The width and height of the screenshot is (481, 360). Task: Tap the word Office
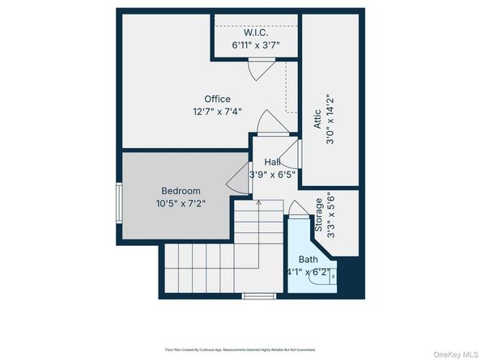tap(217, 100)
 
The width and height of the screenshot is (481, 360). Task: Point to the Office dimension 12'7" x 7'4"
tap(217, 112)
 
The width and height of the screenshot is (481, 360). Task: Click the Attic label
tap(318, 119)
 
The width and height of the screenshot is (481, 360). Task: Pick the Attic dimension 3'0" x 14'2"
tap(330, 119)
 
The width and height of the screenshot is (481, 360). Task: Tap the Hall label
tap(272, 163)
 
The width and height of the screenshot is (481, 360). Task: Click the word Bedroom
tap(179, 191)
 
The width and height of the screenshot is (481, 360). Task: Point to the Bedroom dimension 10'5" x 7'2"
tap(179, 203)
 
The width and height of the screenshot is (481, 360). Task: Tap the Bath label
tap(309, 260)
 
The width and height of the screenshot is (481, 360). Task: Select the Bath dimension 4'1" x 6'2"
tap(309, 272)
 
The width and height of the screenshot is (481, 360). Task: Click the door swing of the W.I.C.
tap(256, 70)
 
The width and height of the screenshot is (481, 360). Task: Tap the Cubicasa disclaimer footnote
tap(240, 349)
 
